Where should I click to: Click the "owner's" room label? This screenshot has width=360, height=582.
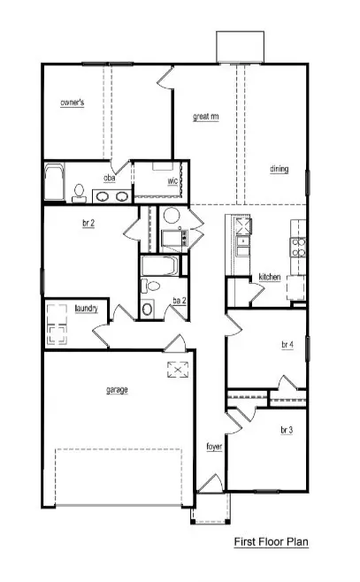click(73, 103)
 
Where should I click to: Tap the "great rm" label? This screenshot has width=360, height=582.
click(206, 116)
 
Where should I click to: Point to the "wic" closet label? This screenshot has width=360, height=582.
click(173, 182)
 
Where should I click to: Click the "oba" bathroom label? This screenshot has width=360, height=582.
click(110, 178)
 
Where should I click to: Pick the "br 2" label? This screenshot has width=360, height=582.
click(88, 224)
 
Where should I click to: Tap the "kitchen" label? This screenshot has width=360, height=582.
click(270, 278)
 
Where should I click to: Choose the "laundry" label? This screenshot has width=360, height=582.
click(86, 309)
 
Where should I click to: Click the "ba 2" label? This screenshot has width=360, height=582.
click(179, 301)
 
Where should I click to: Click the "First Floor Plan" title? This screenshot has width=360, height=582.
click(271, 541)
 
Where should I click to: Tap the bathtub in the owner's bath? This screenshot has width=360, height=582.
click(54, 183)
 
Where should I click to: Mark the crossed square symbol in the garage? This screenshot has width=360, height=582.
click(177, 369)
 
